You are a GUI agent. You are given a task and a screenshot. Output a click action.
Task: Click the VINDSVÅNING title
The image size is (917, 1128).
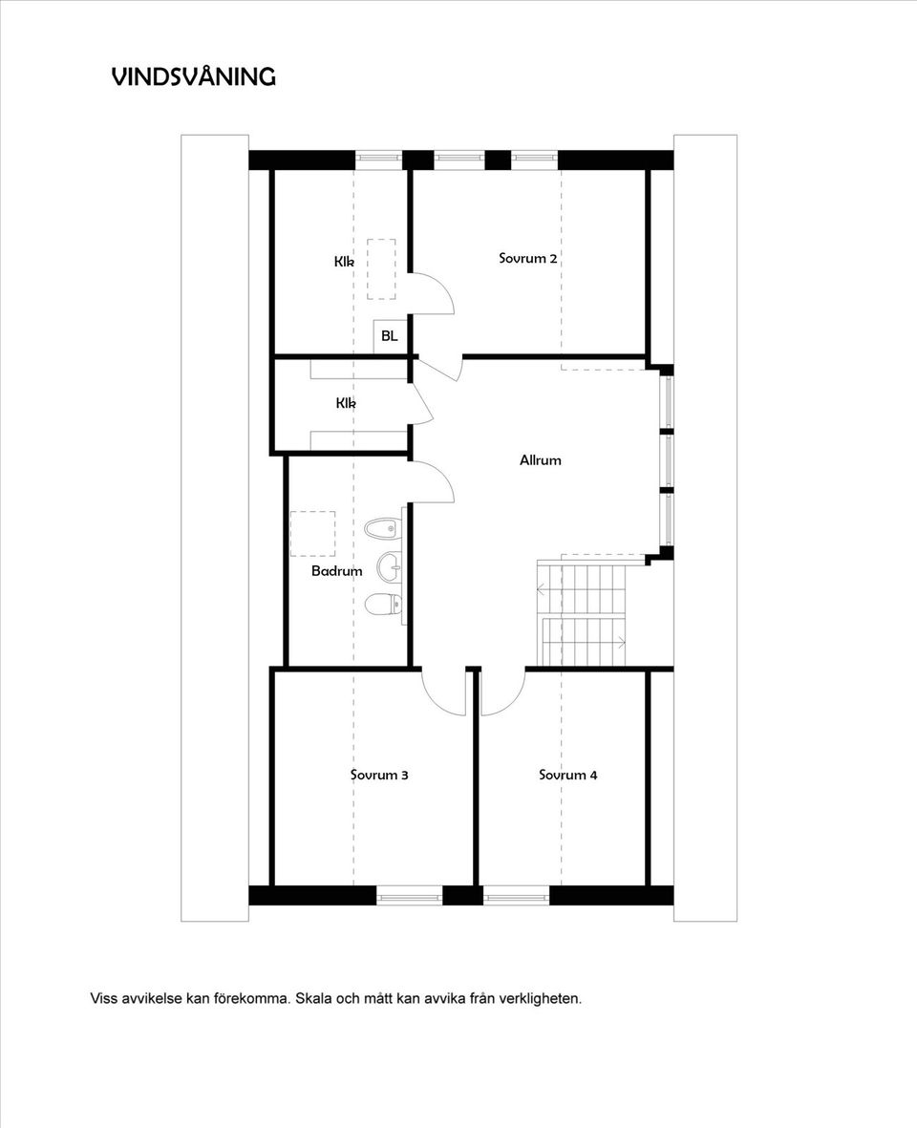(x=194, y=76)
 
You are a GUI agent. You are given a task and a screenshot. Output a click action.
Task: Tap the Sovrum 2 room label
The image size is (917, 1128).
(x=528, y=258)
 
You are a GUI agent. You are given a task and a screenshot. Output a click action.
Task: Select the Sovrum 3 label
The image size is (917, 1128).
(x=379, y=775)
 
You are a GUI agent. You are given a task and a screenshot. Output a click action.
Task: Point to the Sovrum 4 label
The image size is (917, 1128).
(x=568, y=775)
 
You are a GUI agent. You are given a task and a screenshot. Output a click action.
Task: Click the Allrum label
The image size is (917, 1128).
(x=540, y=459)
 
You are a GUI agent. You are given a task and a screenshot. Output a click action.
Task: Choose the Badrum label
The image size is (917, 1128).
(x=336, y=570)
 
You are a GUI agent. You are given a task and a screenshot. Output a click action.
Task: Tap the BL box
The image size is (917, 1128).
(x=389, y=336)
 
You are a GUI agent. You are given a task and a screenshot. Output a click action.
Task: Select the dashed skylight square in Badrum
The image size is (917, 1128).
(x=313, y=533)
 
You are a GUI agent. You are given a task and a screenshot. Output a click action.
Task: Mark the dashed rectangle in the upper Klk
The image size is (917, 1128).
(x=381, y=269)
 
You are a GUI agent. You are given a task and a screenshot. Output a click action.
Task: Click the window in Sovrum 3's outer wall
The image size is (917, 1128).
(x=410, y=896)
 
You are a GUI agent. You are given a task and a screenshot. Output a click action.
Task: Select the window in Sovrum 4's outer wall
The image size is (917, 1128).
(x=517, y=896)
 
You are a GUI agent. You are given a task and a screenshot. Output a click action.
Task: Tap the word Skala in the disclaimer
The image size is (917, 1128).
(x=313, y=998)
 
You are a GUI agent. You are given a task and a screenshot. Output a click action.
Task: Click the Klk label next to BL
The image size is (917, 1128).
(x=344, y=261)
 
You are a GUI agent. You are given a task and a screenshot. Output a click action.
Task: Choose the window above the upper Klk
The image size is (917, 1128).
(x=378, y=160)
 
